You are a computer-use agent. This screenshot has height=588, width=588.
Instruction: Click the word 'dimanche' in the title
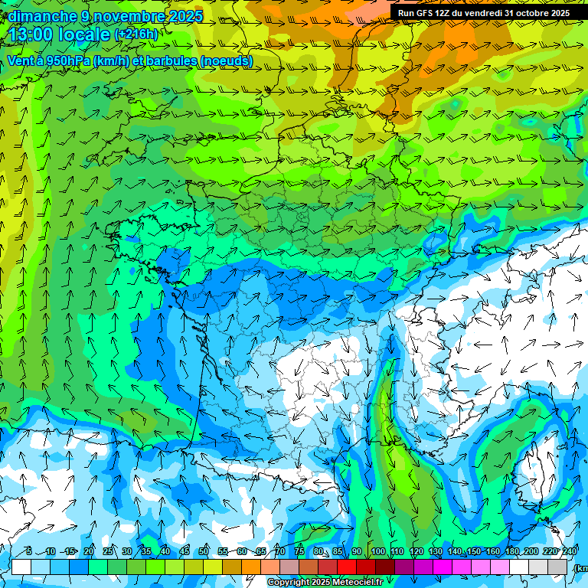click(x=43, y=16)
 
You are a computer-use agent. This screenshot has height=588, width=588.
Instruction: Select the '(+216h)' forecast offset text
click(x=136, y=34)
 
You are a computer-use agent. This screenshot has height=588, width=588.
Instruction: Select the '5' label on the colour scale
click(x=28, y=552)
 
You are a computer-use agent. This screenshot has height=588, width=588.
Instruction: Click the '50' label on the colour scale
click(x=204, y=552)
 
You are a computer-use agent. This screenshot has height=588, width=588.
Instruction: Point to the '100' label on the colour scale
click(x=377, y=552)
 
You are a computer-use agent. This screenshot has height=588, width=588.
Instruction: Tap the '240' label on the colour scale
click(x=569, y=552)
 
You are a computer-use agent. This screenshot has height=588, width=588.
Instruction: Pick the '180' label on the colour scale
click(x=511, y=552)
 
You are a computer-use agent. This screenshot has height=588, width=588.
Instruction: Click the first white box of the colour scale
click(x=21, y=567)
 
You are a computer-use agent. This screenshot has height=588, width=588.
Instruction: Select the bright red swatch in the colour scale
click(x=347, y=567)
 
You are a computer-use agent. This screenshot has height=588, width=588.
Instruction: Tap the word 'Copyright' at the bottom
click(x=289, y=583)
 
